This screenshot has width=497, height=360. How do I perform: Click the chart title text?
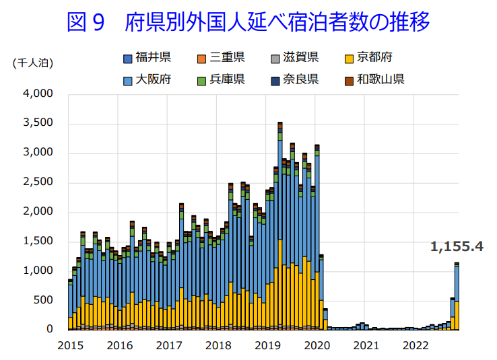(248, 23)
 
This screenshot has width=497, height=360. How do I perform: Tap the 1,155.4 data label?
(457, 246)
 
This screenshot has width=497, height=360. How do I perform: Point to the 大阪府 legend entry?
(151, 79)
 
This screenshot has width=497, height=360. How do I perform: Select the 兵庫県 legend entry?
(226, 79)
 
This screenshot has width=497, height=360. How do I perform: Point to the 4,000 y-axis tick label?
(38, 94)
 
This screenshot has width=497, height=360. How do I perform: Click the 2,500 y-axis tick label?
(38, 182)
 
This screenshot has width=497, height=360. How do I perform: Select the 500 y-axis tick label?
(43, 300)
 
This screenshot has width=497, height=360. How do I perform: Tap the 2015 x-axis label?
(70, 346)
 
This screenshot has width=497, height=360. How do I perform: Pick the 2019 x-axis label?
(267, 346)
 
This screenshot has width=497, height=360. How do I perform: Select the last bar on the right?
(457, 296)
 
